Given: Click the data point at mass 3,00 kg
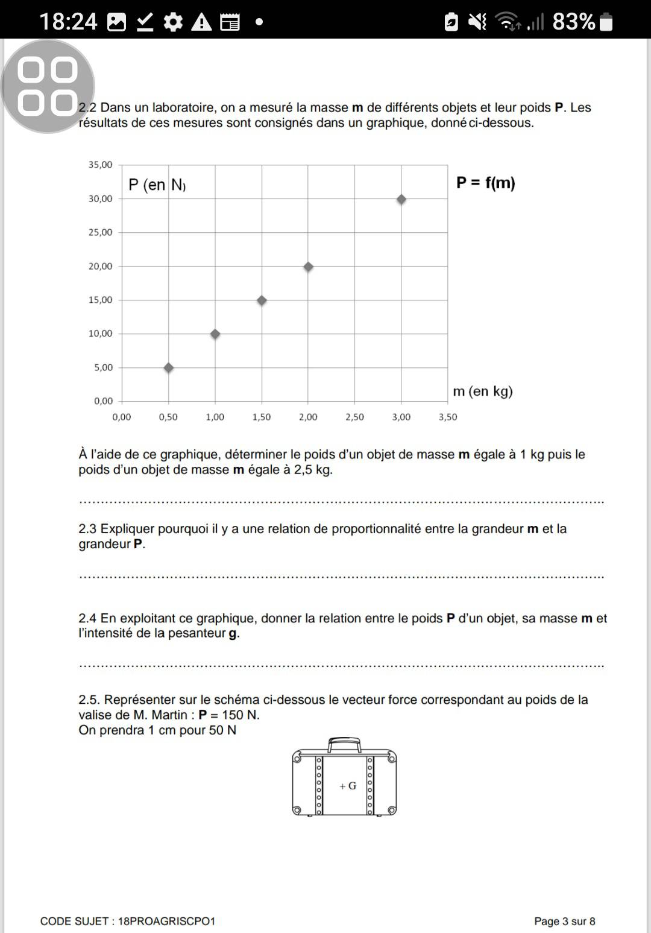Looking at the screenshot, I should click(401, 200).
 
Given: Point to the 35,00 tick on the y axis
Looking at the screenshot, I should click(100, 165).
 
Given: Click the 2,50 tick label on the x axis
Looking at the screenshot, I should click(354, 417).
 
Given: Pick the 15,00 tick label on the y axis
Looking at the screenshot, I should click(100, 300).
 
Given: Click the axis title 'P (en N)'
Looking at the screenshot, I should click(157, 185).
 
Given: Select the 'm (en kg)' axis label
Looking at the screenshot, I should click(482, 391).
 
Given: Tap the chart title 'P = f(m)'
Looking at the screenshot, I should click(485, 183).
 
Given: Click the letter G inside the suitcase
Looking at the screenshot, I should click(352, 786).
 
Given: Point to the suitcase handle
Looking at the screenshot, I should click(344, 744).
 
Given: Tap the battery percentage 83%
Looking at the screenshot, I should click(573, 22).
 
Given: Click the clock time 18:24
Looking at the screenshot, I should click(68, 22).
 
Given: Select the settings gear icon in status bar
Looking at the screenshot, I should click(174, 22).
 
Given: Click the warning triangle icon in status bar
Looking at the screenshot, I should click(201, 22).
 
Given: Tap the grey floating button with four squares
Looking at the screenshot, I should click(48, 86).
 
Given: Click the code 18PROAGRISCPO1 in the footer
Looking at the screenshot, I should click(166, 921).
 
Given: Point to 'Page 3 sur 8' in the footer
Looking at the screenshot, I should click(564, 921).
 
